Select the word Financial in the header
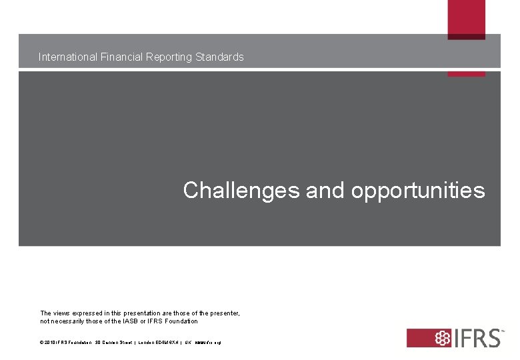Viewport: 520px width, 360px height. coord(121,57)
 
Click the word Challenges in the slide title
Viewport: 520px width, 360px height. coord(241,191)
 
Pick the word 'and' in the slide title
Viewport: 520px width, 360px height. coord(325,191)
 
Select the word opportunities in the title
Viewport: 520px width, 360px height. coord(418,191)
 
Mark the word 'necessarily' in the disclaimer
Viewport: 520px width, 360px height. coord(75,321)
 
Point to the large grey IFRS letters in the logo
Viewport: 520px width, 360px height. coord(475,337)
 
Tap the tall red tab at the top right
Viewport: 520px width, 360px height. coord(466,19)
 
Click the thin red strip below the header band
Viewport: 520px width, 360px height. coord(466,74)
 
